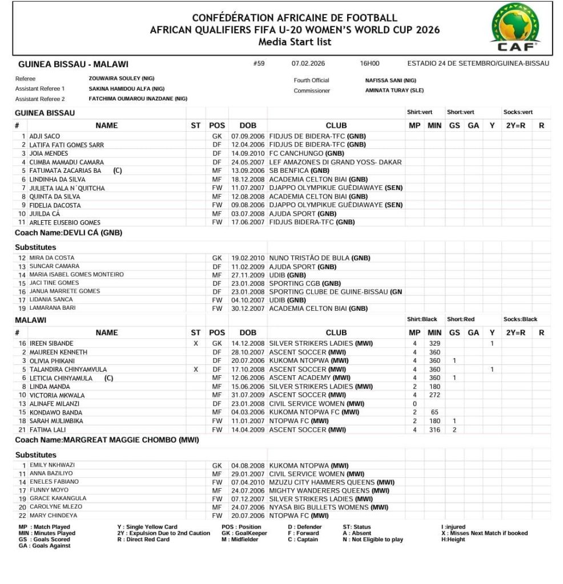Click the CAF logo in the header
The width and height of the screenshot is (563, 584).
tap(516, 27)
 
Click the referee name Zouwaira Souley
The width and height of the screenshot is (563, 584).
tap(122, 79)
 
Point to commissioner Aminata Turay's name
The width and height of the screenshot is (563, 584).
tap(395, 91)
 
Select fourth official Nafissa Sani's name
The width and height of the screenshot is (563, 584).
tap(391, 80)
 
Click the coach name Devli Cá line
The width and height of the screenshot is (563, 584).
tap(69, 233)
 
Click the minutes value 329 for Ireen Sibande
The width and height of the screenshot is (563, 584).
tap(436, 344)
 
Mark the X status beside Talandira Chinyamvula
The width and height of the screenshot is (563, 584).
tap(196, 370)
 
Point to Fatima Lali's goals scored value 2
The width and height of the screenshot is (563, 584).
tap(455, 429)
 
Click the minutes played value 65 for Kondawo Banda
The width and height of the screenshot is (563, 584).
tap(436, 412)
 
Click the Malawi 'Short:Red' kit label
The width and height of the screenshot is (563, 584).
tap(461, 320)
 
